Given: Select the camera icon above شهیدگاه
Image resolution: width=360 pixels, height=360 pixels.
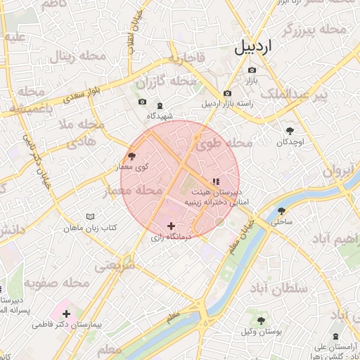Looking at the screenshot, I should click(160, 103).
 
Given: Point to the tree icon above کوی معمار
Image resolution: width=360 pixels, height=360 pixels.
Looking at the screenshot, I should click(131, 156).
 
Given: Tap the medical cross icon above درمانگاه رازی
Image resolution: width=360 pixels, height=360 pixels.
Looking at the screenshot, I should click(171, 226).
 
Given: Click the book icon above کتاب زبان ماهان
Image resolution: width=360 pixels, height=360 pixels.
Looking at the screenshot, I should click(89, 217).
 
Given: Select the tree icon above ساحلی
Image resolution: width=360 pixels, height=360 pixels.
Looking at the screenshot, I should click(281, 210).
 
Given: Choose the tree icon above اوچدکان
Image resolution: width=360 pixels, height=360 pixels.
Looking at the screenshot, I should click(290, 130).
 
